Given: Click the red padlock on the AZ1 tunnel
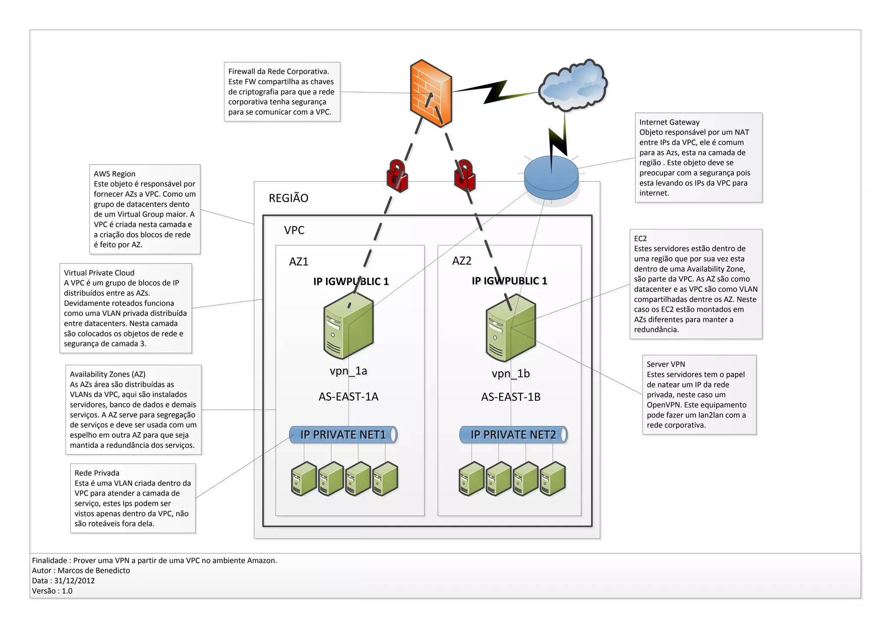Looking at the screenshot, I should click(x=397, y=176).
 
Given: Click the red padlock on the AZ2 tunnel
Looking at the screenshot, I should click(x=464, y=176).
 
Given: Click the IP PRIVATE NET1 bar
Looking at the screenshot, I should click(x=343, y=435).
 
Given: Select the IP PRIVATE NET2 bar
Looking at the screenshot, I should click(x=513, y=435).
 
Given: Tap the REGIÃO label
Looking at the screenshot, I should click(x=288, y=198).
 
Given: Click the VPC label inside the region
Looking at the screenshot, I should click(x=294, y=230).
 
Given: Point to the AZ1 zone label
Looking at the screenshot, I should click(x=299, y=262).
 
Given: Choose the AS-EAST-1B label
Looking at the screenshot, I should click(x=510, y=397).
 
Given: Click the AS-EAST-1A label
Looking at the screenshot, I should click(x=348, y=397).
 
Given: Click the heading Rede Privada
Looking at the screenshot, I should click(x=97, y=473).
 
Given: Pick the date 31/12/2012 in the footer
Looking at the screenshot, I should click(x=74, y=581).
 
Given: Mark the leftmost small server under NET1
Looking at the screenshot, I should click(x=303, y=479).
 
